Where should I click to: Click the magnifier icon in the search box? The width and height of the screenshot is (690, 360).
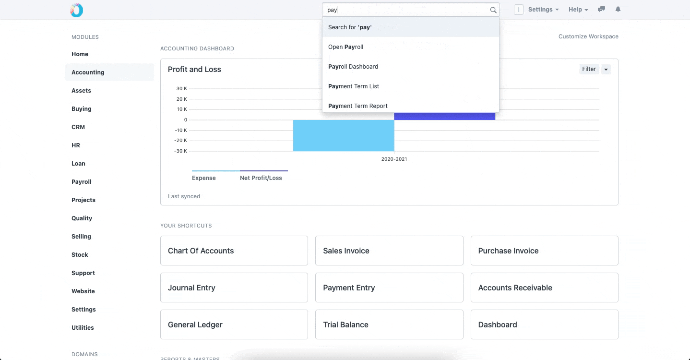click(493, 10)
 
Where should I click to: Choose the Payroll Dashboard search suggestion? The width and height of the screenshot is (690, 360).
click(353, 67)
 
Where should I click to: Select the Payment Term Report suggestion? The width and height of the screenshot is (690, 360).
click(357, 106)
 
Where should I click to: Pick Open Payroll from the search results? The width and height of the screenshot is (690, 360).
click(345, 47)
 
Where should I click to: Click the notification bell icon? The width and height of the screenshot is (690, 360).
click(618, 9)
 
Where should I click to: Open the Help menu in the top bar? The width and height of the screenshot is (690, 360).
click(578, 10)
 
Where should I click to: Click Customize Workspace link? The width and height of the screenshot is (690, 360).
click(588, 36)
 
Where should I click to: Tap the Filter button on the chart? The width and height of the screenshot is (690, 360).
click(589, 69)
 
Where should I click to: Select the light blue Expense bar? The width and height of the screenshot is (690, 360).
click(344, 135)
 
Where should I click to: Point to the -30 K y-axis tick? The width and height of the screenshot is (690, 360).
click(180, 151)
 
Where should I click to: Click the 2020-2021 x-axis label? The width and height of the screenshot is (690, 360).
click(394, 159)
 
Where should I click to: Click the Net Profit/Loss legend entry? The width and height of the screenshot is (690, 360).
click(261, 178)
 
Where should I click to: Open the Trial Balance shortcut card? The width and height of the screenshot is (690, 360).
click(389, 324)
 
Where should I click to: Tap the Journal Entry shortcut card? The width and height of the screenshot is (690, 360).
click(234, 288)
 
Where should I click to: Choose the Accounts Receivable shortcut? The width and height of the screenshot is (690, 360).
click(544, 288)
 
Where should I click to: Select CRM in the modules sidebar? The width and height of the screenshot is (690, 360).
click(78, 127)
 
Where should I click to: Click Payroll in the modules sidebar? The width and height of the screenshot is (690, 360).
click(81, 182)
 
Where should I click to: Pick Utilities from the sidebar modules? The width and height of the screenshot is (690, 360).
click(83, 328)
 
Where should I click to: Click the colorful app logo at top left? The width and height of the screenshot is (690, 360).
click(76, 10)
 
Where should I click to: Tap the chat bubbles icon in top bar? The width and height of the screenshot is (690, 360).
click(601, 9)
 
